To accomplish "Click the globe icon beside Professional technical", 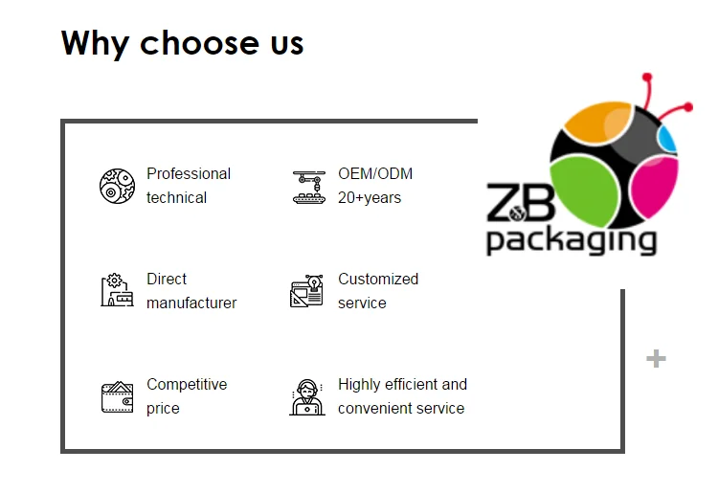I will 117,186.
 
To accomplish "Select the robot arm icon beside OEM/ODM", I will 308,187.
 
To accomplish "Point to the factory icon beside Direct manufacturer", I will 117,290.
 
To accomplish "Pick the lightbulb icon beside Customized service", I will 308,291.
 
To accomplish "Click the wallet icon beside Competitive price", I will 117,396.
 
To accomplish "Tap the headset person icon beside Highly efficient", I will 307,396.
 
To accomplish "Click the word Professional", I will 189,173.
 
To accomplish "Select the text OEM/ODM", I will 375,173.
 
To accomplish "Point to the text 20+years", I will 370,197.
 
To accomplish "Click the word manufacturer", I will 191,303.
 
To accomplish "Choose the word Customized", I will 378,279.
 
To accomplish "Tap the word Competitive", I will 187,384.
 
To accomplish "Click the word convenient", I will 375,408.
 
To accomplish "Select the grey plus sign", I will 656,359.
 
